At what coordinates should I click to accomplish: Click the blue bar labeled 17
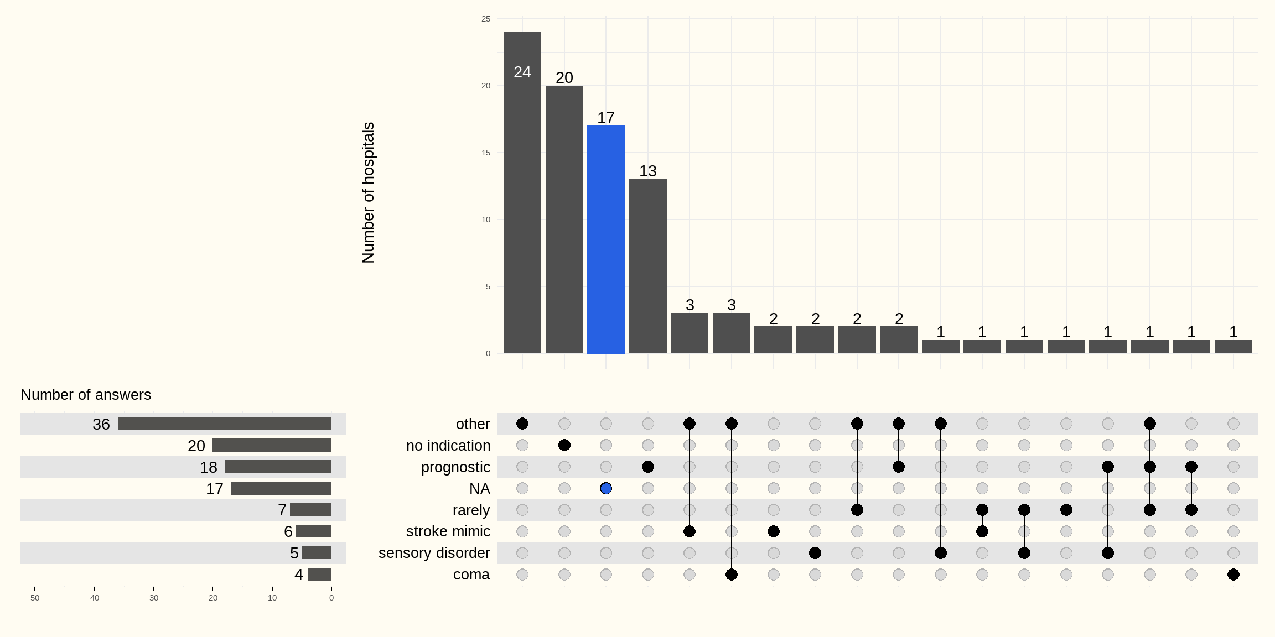[606, 239]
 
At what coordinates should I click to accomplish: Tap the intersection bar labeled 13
[648, 266]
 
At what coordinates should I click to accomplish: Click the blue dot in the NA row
[606, 488]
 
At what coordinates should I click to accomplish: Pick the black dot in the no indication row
[564, 445]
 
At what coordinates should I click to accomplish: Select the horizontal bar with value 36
[225, 424]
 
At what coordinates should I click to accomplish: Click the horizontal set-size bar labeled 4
[319, 575]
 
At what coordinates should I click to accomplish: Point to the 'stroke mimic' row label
[448, 531]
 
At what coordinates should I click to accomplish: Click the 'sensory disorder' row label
[434, 553]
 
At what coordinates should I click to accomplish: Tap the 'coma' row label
[471, 575]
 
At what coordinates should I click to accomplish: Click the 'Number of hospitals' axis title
[369, 192]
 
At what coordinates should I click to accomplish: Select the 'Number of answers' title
[86, 395]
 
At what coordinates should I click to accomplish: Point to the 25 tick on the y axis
[486, 19]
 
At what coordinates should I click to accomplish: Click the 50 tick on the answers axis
[35, 598]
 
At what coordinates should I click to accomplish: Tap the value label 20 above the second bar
[564, 77]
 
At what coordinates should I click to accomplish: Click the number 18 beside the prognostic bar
[209, 467]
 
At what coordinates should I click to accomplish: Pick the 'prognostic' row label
[455, 467]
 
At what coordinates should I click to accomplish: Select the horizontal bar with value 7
[310, 510]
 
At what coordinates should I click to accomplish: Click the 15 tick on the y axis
[486, 153]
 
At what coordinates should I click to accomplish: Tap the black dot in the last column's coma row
[1233, 575]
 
